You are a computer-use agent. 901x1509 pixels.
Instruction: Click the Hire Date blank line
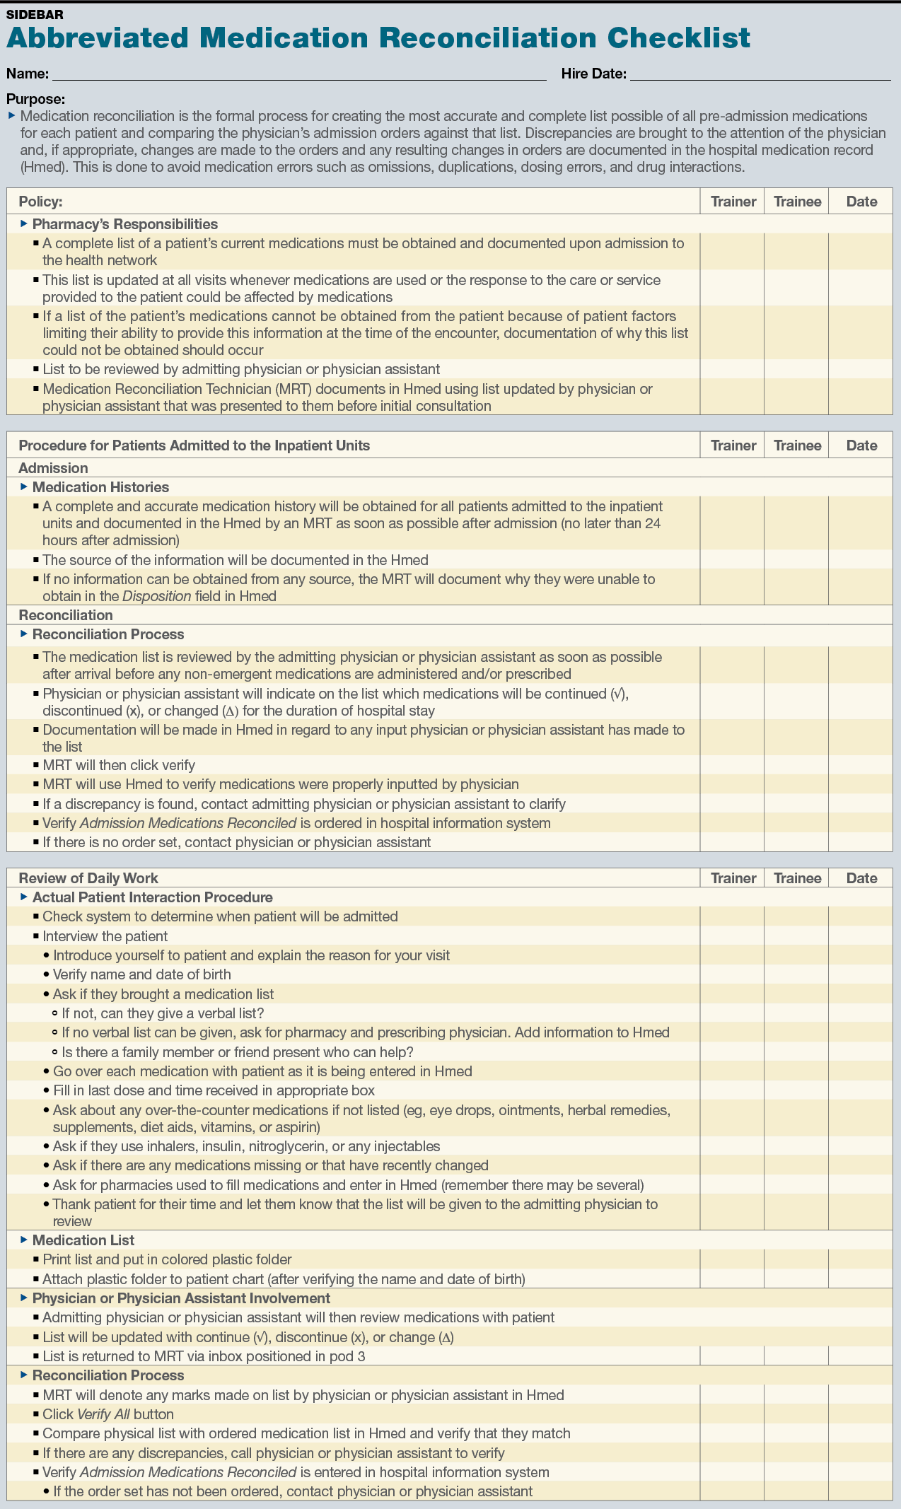(x=760, y=75)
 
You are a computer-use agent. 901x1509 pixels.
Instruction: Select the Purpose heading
(x=35, y=100)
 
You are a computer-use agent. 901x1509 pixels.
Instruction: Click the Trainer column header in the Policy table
(x=733, y=202)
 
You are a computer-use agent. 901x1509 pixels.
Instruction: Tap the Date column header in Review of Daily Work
(x=861, y=878)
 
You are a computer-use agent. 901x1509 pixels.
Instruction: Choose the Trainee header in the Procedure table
(x=797, y=445)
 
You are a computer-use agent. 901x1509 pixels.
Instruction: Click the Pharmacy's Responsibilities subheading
(x=124, y=224)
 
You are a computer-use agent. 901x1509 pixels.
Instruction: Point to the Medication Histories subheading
(x=100, y=487)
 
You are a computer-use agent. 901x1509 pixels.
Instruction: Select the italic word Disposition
(x=156, y=596)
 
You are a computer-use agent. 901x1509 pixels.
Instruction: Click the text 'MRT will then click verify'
(x=118, y=765)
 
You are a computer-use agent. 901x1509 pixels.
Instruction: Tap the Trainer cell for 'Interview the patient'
(x=732, y=936)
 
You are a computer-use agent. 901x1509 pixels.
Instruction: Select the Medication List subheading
(x=83, y=1240)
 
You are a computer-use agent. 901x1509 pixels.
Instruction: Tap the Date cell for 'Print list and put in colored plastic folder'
(x=861, y=1259)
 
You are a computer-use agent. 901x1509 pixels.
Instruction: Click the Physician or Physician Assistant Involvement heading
(x=181, y=1298)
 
